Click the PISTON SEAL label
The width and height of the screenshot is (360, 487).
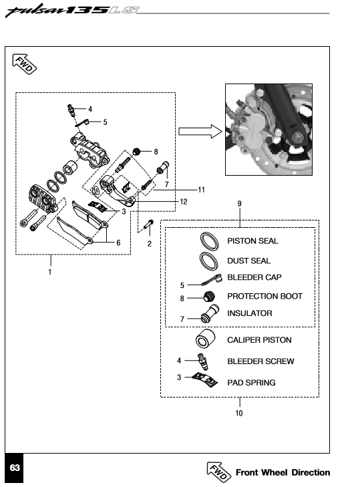(252, 241)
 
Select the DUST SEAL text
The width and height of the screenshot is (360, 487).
(249, 261)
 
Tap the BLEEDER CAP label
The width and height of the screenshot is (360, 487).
(254, 277)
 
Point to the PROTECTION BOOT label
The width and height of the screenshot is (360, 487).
(264, 296)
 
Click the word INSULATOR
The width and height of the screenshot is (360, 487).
(249, 313)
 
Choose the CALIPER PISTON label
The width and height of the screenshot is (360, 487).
(259, 340)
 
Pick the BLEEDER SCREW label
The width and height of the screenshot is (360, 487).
(260, 361)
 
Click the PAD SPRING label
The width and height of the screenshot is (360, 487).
(251, 382)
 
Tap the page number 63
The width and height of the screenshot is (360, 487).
(15, 468)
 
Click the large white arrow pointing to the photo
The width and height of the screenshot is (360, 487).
(200, 132)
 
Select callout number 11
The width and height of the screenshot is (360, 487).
(201, 190)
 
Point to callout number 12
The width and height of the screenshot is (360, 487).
(184, 202)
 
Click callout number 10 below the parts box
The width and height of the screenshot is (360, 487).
(239, 413)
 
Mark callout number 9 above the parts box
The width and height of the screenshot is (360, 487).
(240, 204)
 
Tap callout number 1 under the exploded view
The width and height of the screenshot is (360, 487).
(49, 272)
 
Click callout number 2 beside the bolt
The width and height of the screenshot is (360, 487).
(150, 244)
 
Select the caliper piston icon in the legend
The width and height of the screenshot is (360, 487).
(205, 339)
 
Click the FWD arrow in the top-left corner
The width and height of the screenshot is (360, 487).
(24, 64)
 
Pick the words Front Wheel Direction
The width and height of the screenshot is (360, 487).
(283, 472)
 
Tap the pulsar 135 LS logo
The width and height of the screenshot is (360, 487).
(71, 11)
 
